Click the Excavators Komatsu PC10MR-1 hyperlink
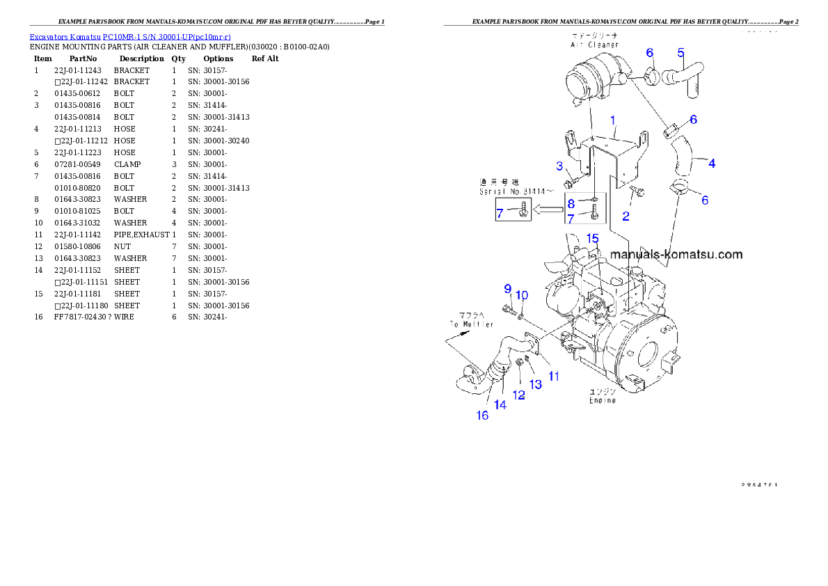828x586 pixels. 130,36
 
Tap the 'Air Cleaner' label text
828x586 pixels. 590,44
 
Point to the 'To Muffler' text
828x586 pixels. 470,324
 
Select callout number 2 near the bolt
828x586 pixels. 626,216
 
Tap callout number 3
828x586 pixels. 559,165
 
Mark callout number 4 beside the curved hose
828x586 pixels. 712,164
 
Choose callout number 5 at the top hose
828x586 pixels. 680,52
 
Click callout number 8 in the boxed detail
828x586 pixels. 571,204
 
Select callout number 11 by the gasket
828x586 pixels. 554,377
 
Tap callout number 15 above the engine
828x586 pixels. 591,239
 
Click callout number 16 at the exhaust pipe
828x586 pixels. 481,415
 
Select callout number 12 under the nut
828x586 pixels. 519,395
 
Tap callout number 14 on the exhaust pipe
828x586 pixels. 500,404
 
